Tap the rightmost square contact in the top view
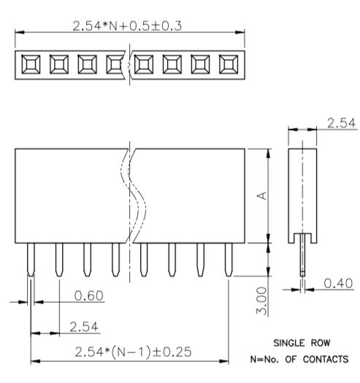coord(229,66)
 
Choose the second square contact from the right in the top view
coord(200,66)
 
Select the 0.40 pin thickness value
coord(335,282)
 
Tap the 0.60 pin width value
coord(90,295)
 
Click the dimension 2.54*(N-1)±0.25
coord(132,352)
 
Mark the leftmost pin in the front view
coord(30,259)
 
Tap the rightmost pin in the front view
coord(229,259)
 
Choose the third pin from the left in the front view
coord(87,259)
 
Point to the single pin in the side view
coord(302,259)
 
